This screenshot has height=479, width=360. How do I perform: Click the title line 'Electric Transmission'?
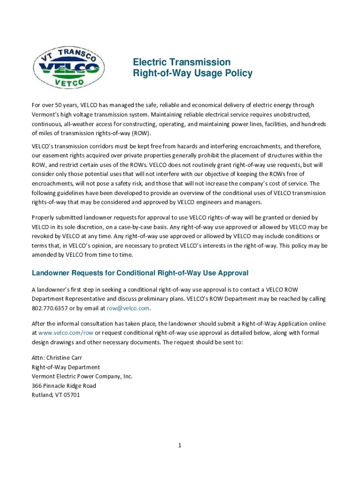(x=181, y=62)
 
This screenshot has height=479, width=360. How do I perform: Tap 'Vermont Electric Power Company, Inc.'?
(x=82, y=376)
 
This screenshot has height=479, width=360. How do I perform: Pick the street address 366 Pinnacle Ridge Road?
(x=64, y=385)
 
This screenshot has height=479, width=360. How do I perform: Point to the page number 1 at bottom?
(x=180, y=445)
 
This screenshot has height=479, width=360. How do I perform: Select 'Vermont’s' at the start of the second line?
(x=45, y=115)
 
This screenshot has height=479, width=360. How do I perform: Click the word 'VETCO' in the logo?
(x=69, y=83)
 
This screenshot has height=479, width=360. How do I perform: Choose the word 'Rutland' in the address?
(x=42, y=395)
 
